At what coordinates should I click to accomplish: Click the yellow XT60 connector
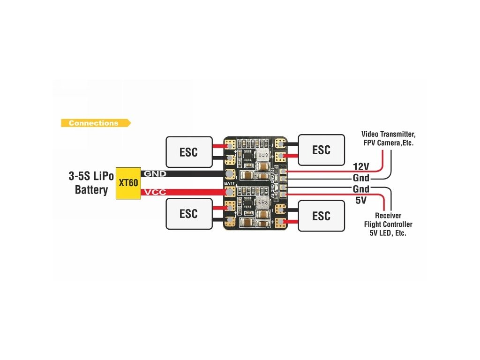pos(128,183)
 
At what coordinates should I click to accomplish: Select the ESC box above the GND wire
pos(188,152)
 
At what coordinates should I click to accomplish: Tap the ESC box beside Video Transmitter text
pos(321,150)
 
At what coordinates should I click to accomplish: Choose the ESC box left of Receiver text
pos(321,216)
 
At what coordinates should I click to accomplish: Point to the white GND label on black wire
pos(155,173)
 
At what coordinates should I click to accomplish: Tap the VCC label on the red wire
pos(155,192)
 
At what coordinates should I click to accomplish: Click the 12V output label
pos(361,167)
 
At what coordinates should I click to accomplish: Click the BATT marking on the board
pos(230,183)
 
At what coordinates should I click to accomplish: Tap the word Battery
pos(91,190)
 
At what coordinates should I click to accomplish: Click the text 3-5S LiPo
pos(91,177)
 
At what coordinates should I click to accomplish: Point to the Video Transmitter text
pos(388,134)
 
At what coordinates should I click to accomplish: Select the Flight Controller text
pos(388,224)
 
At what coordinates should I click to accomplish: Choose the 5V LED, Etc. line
pos(388,233)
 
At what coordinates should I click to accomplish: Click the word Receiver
pos(388,216)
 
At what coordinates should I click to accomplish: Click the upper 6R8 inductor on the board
pos(262,154)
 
